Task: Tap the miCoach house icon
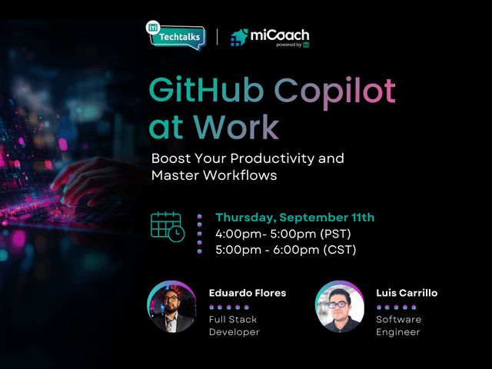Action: (239, 37)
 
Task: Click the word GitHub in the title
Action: (196, 91)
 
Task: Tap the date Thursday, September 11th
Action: (294, 218)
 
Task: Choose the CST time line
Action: (285, 250)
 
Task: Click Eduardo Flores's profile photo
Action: (171, 307)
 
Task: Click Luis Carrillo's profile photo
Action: (339, 307)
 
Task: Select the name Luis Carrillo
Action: (407, 293)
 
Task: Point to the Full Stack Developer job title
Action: (234, 325)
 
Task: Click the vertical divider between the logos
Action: (217, 37)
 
